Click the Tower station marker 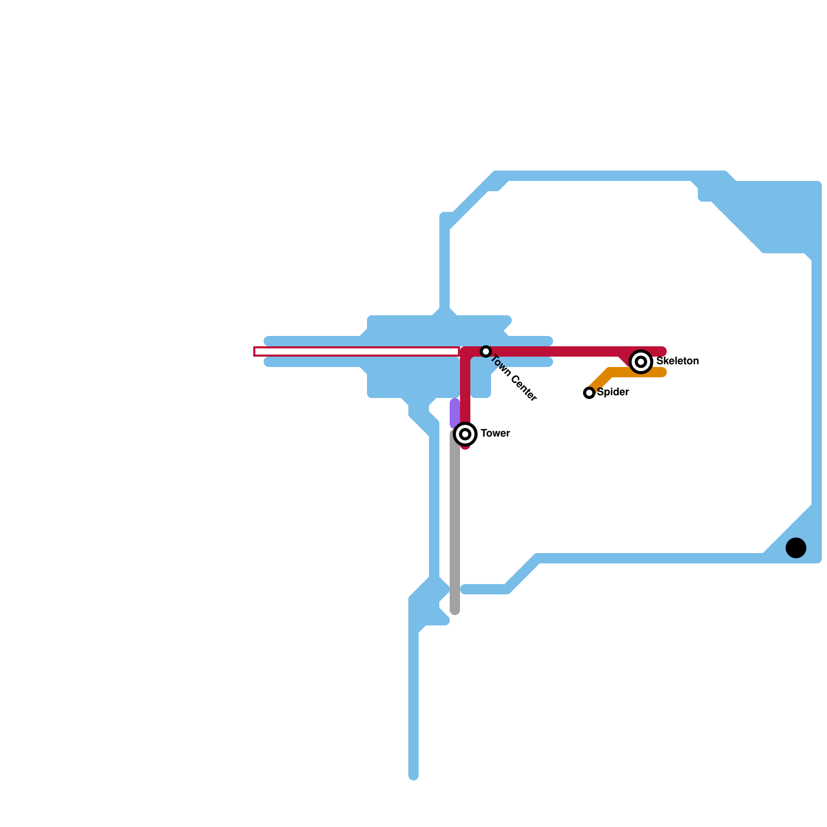tap(465, 434)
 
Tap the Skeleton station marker tap(641, 362)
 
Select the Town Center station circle tap(485, 351)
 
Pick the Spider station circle tap(589, 393)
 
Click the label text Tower tap(495, 434)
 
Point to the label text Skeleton tap(677, 361)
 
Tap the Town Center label tap(514, 378)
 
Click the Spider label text tap(612, 392)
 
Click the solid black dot tap(796, 548)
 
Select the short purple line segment tap(455, 412)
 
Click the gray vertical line tap(455, 522)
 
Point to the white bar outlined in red tap(357, 351)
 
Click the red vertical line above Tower tap(465, 388)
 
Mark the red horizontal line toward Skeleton tap(553, 351)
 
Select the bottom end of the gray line tap(455, 611)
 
